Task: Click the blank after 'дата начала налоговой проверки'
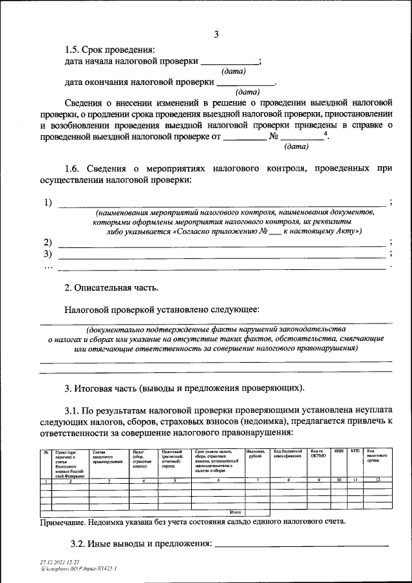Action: (229, 63)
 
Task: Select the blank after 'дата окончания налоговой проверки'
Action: (246, 83)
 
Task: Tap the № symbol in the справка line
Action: (274, 137)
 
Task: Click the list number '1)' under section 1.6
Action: (48, 203)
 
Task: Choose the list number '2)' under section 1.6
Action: (48, 242)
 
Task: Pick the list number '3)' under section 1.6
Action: (48, 254)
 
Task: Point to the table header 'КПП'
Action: (355, 452)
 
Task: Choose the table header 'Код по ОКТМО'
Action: (319, 455)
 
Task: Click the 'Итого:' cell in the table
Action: (235, 511)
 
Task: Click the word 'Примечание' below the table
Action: (67, 522)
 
